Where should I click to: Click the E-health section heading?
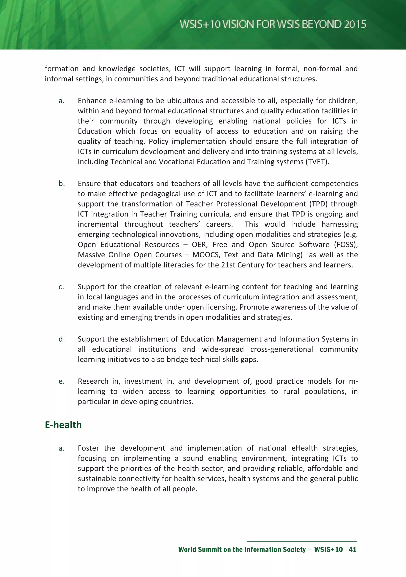pyautogui.click(x=63, y=425)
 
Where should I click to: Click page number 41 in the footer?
pyautogui.click(x=352, y=549)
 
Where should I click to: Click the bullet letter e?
pyautogui.click(x=61, y=381)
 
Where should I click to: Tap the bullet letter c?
pyautogui.click(x=61, y=287)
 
